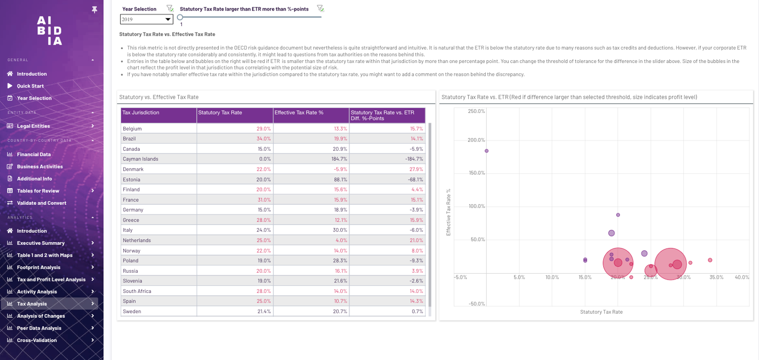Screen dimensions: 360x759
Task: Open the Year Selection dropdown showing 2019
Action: (x=146, y=19)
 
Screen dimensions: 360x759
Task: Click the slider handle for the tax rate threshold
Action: (x=180, y=17)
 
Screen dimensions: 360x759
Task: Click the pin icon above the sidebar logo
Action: (x=94, y=9)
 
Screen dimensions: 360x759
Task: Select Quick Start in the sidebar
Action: (x=30, y=86)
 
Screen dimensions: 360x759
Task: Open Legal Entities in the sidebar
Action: (x=34, y=126)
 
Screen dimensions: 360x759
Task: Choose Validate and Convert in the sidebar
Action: (x=41, y=203)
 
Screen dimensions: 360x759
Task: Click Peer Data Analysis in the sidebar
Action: (x=39, y=328)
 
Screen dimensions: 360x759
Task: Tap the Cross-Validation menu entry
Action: (x=37, y=340)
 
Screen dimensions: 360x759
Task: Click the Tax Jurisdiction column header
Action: (x=141, y=112)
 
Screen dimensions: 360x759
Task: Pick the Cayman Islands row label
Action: (x=141, y=159)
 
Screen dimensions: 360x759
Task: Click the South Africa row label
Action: (x=137, y=291)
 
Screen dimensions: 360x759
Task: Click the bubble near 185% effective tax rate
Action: (x=487, y=151)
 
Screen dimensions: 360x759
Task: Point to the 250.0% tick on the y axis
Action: (x=476, y=111)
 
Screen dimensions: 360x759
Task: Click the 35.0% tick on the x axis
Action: (x=716, y=277)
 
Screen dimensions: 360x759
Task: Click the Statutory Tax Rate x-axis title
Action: (x=601, y=312)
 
